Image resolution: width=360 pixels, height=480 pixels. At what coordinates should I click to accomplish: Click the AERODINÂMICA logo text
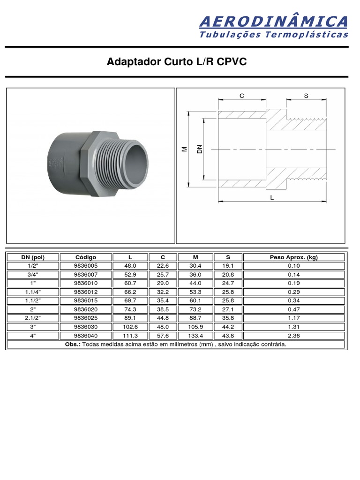pos(273,22)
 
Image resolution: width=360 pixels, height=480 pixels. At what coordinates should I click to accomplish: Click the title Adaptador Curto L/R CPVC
pos(177,62)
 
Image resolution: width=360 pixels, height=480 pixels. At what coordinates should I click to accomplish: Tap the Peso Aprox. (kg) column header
pos(294,257)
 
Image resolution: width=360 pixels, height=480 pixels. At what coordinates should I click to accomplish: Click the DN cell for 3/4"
pos(32,274)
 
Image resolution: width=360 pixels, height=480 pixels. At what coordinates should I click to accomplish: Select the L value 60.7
pos(130,283)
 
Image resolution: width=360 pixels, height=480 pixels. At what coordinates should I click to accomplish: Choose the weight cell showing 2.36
pos(294,336)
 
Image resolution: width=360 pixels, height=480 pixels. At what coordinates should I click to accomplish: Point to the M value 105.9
pos(195,327)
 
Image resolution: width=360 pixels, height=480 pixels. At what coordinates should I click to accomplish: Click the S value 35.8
pos(228,318)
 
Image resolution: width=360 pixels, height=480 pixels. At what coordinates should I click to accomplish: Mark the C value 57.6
pos(163,336)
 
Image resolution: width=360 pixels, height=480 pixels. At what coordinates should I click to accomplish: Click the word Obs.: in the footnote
pos(73,345)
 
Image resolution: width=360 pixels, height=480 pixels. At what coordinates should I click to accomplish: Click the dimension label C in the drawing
pos(242,96)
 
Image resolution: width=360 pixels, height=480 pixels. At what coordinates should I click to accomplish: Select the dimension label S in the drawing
pos(306,96)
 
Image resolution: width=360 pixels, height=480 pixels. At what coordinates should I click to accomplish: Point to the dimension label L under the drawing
pos(272,198)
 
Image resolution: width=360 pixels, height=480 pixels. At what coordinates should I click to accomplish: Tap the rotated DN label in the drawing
pos(199,149)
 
